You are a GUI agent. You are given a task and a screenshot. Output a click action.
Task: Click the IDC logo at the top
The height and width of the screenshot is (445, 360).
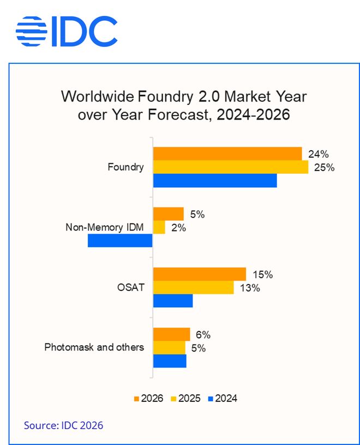click(x=66, y=31)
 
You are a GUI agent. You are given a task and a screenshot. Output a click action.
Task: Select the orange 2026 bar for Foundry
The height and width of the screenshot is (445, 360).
click(x=227, y=153)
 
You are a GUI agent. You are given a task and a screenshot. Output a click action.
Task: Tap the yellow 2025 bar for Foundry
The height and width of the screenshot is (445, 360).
click(x=230, y=167)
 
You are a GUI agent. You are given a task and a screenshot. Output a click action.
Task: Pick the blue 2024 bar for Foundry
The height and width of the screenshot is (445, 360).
click(x=214, y=181)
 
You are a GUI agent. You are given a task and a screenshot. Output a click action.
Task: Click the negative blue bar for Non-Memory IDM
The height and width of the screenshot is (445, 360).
click(x=120, y=241)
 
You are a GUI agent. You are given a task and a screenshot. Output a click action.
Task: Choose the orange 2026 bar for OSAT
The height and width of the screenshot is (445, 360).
click(x=199, y=275)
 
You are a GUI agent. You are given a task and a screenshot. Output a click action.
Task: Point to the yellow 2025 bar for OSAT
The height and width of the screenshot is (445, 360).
click(x=193, y=288)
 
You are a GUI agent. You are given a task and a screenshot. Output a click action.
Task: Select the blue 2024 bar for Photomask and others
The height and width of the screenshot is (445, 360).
click(x=170, y=361)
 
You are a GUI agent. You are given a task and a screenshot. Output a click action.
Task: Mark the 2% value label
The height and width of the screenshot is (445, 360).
click(x=178, y=228)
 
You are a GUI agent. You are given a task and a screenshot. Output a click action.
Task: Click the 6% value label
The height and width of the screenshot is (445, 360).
click(x=203, y=335)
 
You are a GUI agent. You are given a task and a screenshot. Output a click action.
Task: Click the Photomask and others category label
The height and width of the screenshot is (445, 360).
click(x=94, y=347)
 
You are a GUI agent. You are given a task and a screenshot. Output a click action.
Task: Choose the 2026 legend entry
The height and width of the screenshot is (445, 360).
click(x=148, y=398)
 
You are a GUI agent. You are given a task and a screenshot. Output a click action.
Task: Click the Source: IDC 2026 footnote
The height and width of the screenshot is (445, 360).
click(x=63, y=425)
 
